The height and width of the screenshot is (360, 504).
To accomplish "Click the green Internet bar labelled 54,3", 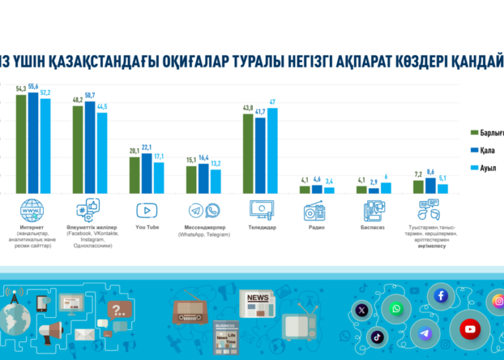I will click(21, 144).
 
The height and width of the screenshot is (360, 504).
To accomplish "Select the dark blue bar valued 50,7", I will click(89, 147).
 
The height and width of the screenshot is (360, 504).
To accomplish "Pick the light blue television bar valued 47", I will click(272, 150).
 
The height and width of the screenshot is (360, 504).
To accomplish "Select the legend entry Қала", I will click(487, 150).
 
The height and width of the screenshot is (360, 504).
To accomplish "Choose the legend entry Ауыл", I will click(488, 167).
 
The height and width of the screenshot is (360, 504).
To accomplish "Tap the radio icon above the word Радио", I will click(315, 211).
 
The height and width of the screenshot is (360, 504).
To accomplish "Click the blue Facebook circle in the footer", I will click(442, 296).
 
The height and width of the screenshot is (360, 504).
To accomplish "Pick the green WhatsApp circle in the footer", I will click(396, 309).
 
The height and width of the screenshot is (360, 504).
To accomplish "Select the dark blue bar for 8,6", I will click(431, 185).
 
